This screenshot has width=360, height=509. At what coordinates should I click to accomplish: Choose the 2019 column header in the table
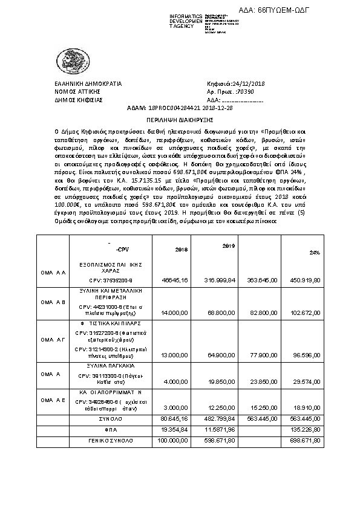tap(228, 246)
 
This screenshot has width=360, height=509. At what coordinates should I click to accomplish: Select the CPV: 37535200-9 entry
tap(110, 280)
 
